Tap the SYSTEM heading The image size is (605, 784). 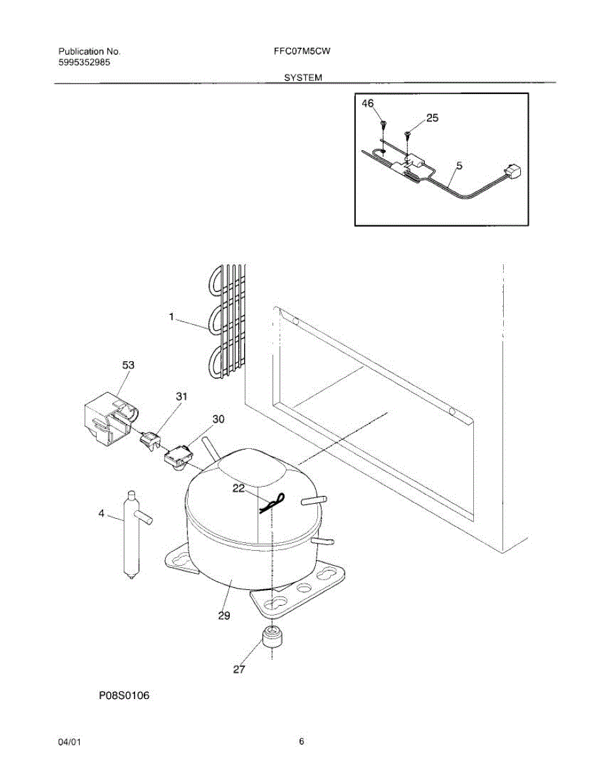[303, 78]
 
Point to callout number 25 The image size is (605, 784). [432, 118]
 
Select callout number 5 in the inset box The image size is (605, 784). [459, 167]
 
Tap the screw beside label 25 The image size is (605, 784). [409, 135]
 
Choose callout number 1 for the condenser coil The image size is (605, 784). [172, 317]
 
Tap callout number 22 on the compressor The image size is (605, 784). [240, 487]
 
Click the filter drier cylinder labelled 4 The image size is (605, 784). [131, 532]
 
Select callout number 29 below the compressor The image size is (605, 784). [224, 615]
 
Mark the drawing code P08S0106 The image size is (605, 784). [124, 696]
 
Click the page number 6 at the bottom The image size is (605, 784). [302, 742]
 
